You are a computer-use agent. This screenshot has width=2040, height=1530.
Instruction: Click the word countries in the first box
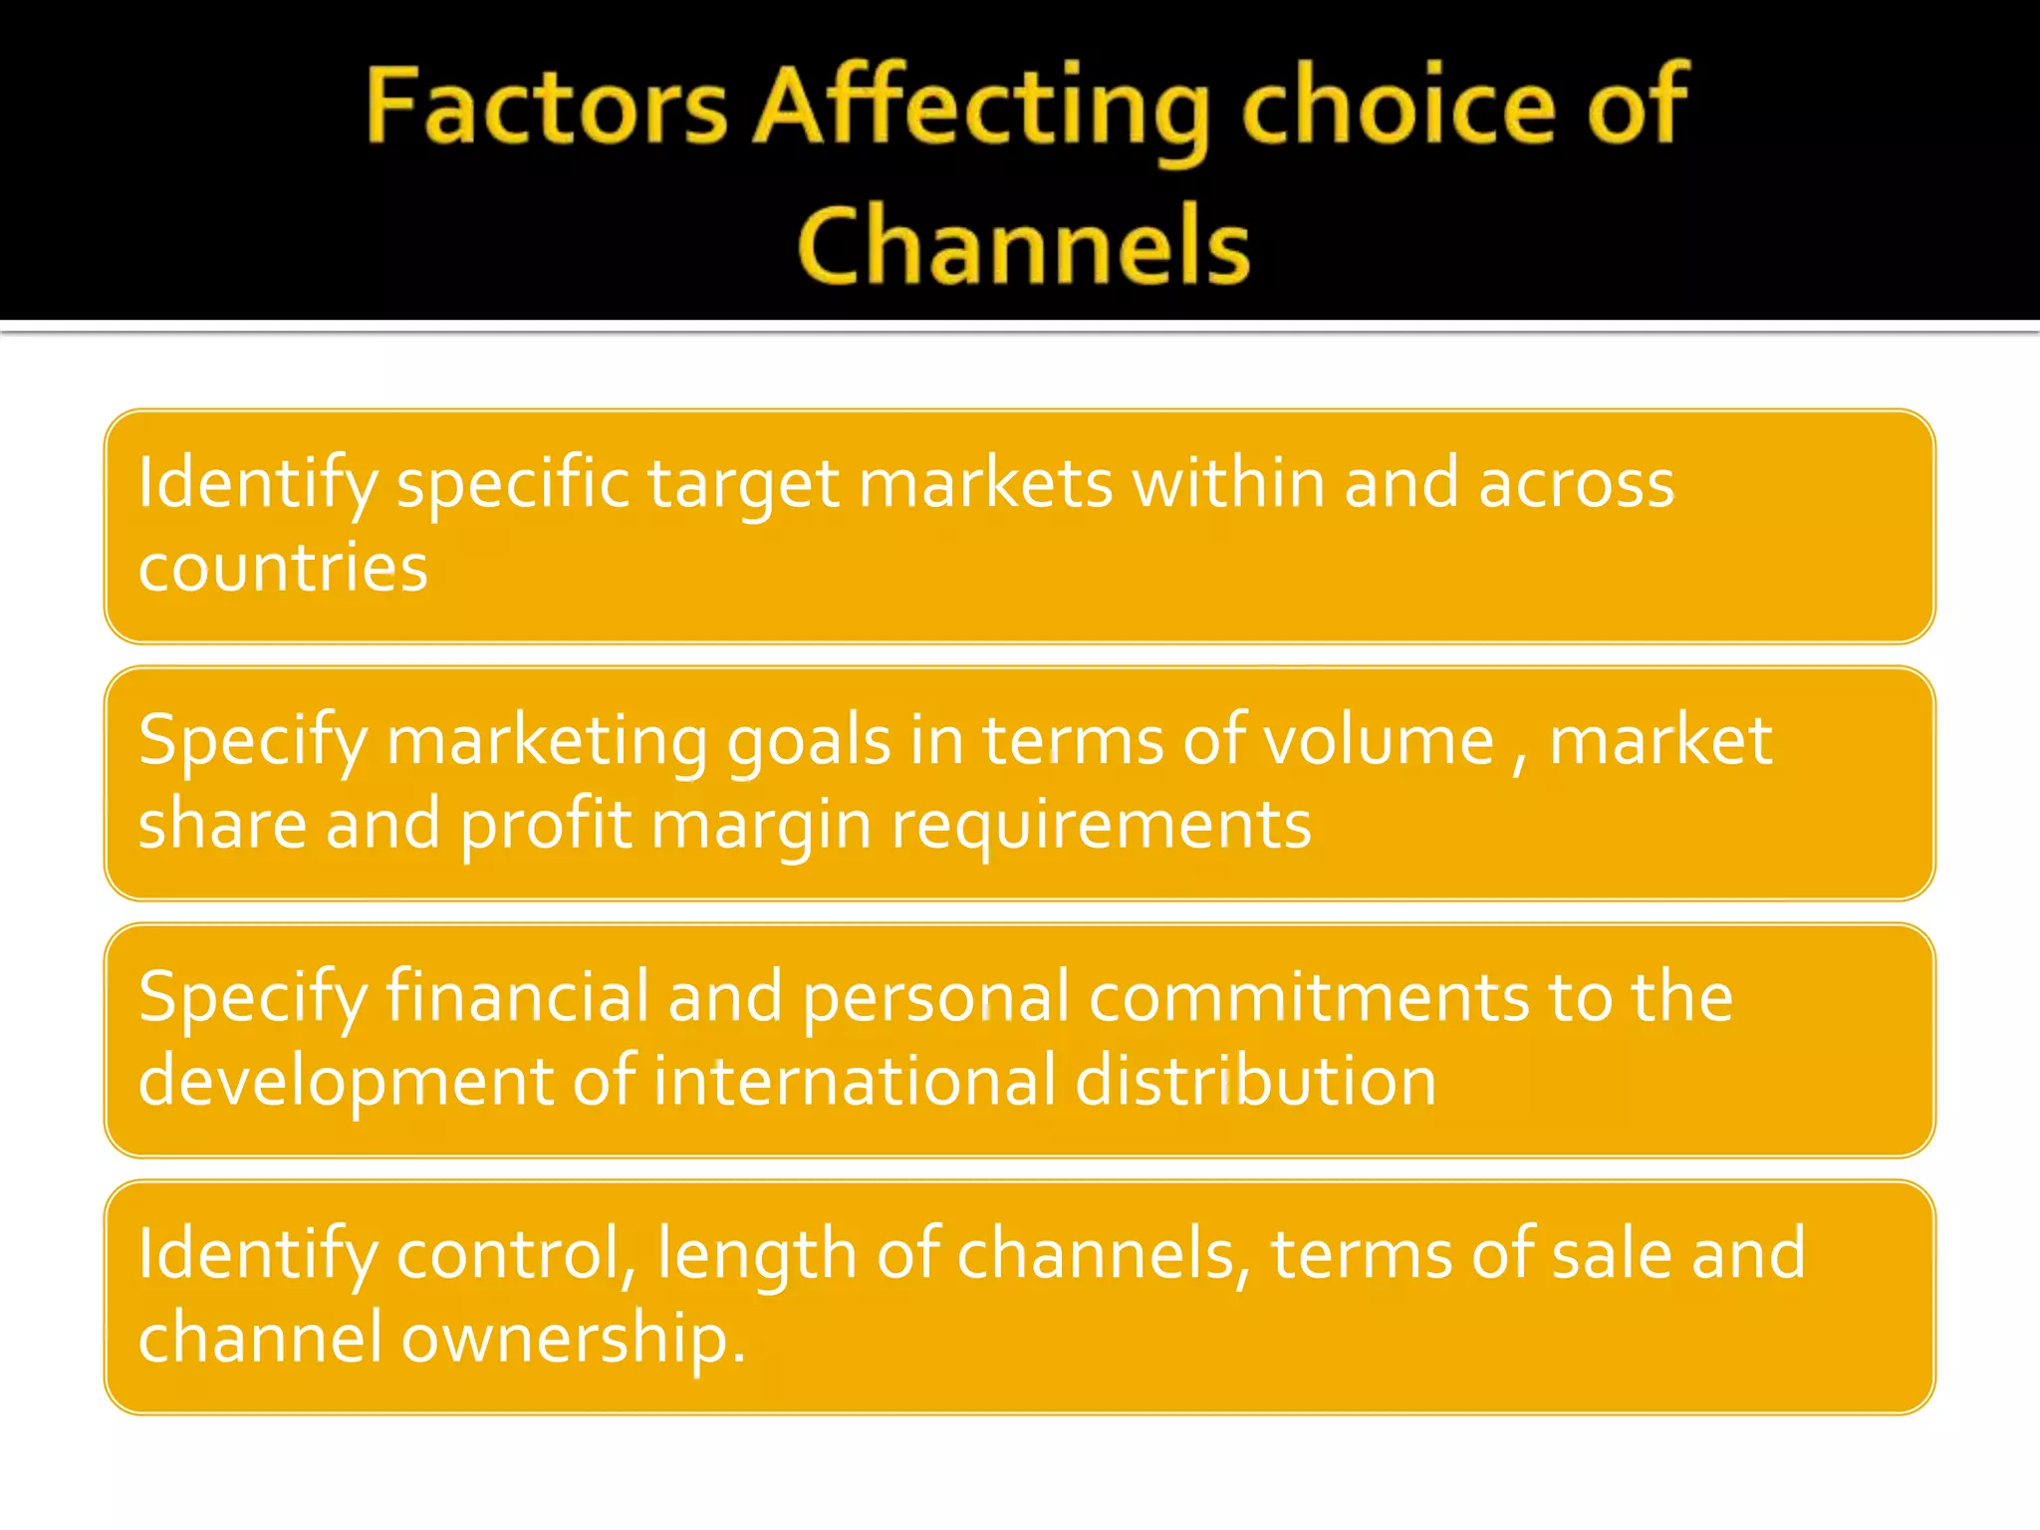coord(283,568)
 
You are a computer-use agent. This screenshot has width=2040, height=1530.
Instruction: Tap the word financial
coord(517,996)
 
